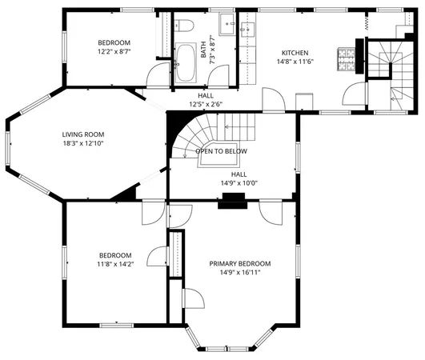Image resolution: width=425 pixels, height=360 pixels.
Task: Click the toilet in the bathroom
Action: pos(186,25)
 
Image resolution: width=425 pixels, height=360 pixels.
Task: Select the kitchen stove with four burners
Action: pos(347,58)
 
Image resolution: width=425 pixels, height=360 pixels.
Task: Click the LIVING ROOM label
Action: pos(83,134)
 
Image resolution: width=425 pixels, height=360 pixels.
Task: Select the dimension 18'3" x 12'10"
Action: pos(83,143)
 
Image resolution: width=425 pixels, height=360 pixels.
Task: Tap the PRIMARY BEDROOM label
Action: pos(239,263)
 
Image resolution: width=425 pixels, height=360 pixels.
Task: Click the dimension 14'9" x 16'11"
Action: pos(239,273)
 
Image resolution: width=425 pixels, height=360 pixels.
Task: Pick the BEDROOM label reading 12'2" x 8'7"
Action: pos(114,42)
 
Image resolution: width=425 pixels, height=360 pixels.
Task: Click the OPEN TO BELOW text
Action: pos(221,151)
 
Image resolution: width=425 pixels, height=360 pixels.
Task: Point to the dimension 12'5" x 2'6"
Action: pos(206,104)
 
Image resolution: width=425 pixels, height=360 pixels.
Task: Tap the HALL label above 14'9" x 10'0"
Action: pos(239,174)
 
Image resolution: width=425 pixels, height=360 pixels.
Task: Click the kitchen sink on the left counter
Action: pos(246,30)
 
